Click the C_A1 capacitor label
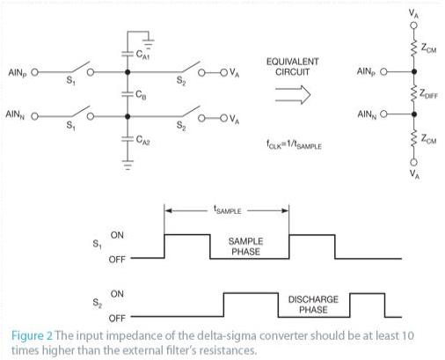point(142,55)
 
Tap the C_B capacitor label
point(141,95)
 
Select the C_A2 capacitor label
point(142,140)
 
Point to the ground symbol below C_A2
point(128,165)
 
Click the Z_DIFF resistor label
point(428,94)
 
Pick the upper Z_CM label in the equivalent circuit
point(428,48)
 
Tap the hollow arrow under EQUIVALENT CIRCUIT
point(293,95)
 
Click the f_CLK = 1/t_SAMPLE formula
point(294,144)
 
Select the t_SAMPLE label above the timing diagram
point(227,210)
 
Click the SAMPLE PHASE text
point(245,246)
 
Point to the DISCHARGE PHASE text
point(313,305)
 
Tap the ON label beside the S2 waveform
point(117,294)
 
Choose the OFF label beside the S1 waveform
point(117,260)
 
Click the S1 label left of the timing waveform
point(97,244)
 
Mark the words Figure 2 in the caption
point(33,336)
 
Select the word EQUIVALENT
point(292,62)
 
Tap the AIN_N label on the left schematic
point(15,114)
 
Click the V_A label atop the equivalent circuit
point(413,14)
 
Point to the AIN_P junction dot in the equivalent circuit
point(413,71)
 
